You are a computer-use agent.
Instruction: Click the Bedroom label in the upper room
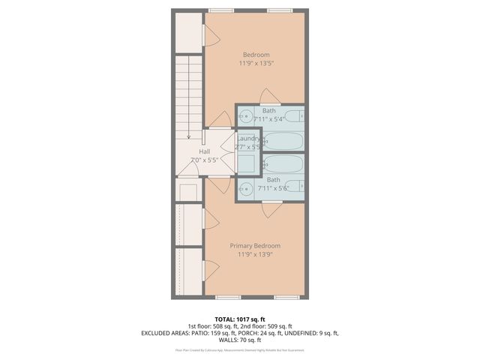tap(255, 54)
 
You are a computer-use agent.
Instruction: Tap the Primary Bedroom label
tap(255, 245)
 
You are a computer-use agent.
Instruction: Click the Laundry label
tap(248, 139)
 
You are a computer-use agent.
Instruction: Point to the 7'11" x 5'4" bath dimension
tap(269, 119)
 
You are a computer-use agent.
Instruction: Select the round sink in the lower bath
tap(246, 187)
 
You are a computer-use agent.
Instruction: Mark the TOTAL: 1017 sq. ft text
tap(240, 319)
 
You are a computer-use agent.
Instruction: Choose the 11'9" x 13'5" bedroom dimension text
tap(255, 64)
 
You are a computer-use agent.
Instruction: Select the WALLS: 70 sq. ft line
tap(240, 340)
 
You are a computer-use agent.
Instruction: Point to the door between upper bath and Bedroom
tap(269, 97)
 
